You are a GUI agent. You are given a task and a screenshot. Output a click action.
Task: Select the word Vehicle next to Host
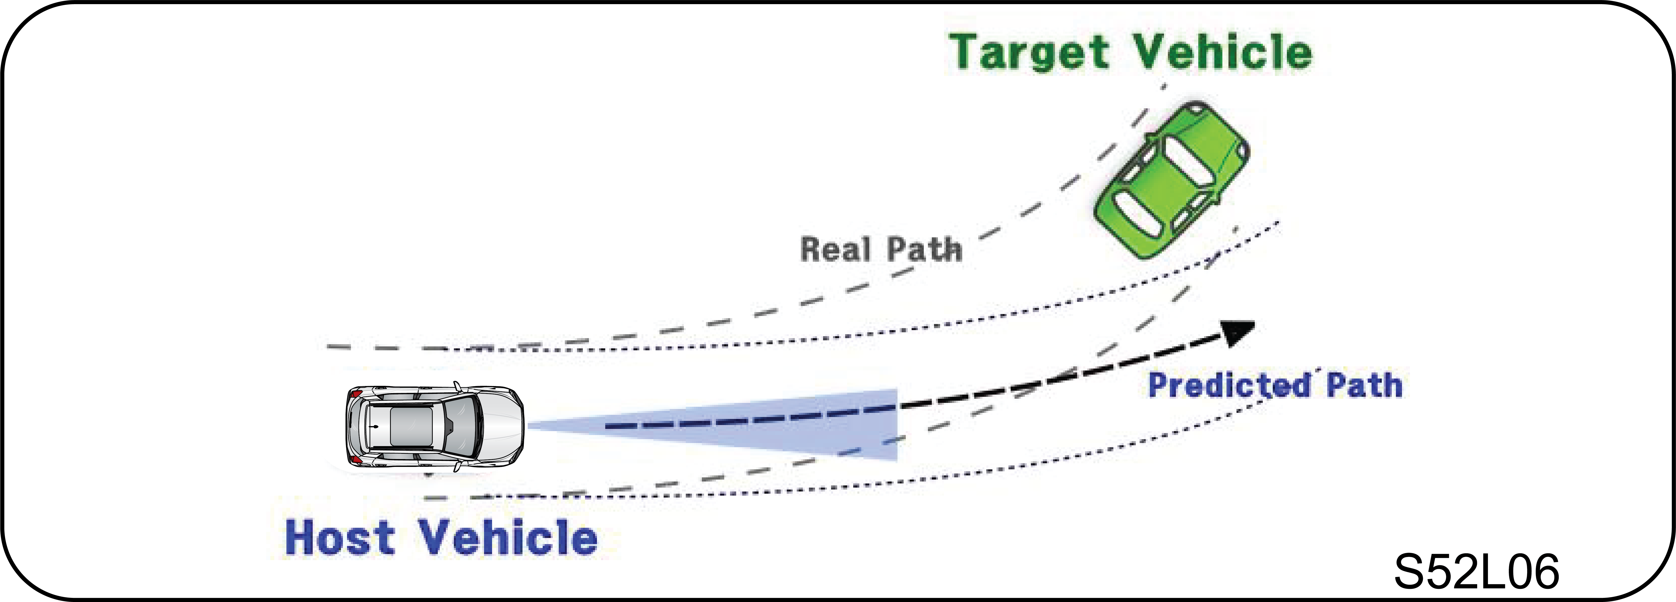[507, 537]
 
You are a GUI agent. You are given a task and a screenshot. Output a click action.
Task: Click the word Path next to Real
[924, 249]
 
